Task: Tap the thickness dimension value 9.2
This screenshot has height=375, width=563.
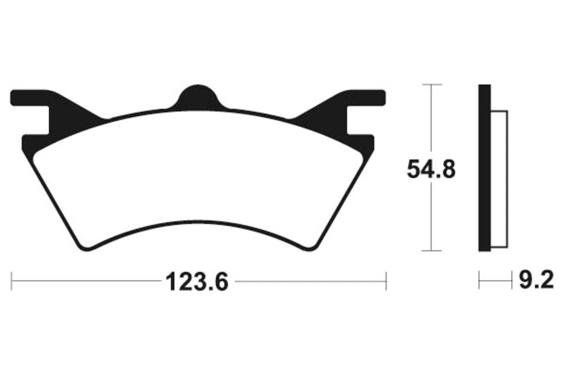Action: click(537, 282)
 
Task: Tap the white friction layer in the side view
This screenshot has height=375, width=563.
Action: click(498, 179)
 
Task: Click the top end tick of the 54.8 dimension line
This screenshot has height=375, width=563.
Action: click(431, 84)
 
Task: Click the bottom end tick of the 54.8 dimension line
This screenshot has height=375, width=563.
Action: click(431, 250)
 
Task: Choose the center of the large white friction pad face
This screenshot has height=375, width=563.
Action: click(198, 176)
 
